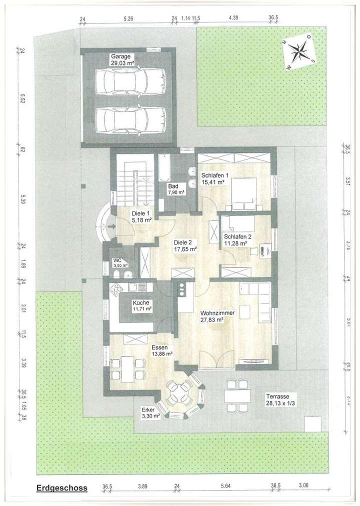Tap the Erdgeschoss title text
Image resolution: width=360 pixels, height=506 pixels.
coord(61,488)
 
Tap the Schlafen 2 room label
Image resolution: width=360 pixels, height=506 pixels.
coord(237,240)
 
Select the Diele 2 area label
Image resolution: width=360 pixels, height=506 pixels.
coord(184,244)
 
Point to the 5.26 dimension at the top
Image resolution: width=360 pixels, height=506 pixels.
coord(128,19)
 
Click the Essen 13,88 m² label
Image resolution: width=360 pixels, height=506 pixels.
coord(161,350)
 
